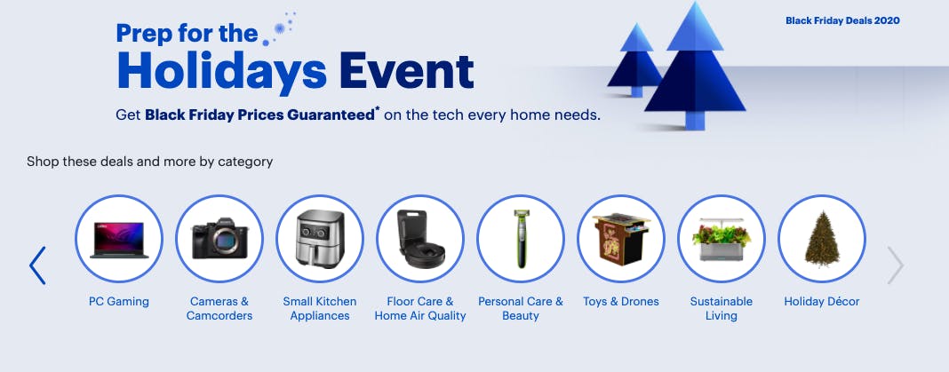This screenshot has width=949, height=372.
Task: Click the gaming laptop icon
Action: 119,238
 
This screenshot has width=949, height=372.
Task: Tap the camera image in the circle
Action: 219,238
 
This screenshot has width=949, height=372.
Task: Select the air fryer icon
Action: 320,238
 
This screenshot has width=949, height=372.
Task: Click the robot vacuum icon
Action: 420,238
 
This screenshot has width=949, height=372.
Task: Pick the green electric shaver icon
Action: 521,238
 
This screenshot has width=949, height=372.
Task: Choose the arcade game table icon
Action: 621,238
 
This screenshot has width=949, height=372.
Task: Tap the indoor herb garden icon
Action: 722,238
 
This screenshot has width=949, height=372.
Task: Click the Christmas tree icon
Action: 822,238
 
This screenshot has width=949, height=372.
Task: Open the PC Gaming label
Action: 119,301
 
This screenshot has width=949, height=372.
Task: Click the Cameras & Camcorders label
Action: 219,308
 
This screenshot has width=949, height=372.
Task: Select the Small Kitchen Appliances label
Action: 320,308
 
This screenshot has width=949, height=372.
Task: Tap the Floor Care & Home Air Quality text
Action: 420,308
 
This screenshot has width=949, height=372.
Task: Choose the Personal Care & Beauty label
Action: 521,308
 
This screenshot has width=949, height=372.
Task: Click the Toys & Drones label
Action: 621,301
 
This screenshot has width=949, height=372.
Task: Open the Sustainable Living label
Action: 722,308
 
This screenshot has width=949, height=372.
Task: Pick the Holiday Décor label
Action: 822,301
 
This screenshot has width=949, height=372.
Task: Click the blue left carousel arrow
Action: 37,265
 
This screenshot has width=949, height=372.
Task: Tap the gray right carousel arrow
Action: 896,265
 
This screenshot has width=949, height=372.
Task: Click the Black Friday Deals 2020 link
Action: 842,20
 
